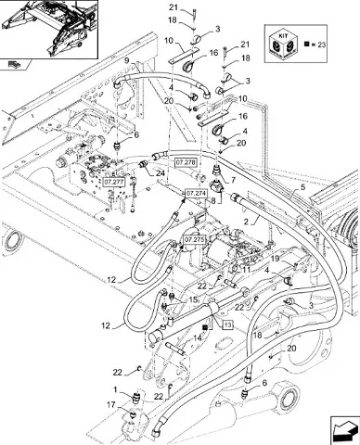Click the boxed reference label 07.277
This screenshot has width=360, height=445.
tap(113, 182)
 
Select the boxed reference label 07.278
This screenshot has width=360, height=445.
tap(186, 162)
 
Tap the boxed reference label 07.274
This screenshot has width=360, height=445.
tap(196, 194)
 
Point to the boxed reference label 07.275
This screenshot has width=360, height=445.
tap(194, 239)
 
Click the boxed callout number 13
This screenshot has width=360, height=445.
tap(227, 324)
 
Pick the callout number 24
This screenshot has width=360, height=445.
tap(160, 172)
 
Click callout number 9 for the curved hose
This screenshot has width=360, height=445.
tap(128, 60)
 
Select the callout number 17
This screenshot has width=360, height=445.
tap(111, 404)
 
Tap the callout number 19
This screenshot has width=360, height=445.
tap(276, 259)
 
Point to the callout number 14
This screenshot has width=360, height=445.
tap(198, 338)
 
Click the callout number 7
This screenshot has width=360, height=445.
tap(233, 180)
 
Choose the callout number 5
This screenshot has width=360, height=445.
tap(302, 186)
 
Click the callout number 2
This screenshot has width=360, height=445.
tap(246, 222)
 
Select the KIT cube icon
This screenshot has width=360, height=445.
tap(283, 44)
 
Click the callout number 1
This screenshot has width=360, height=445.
tap(115, 390)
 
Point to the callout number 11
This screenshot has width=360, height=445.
tap(246, 270)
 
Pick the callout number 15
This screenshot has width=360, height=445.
tap(193, 299)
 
